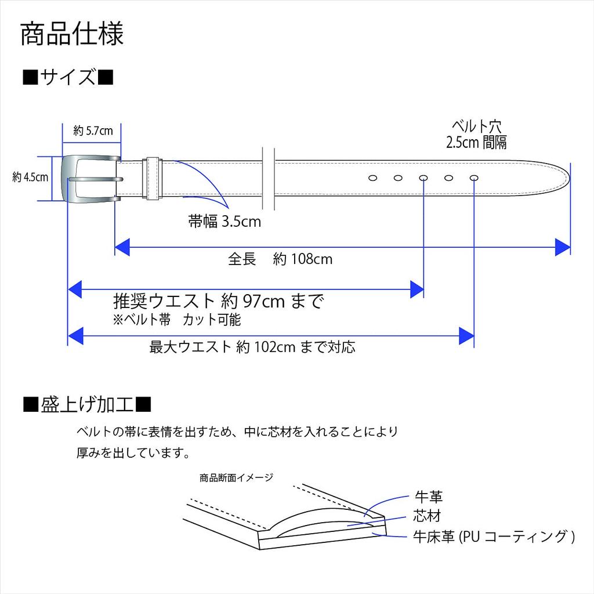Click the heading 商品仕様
(72, 34)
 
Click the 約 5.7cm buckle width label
(93, 131)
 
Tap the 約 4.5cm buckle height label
(30, 178)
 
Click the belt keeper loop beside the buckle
(153, 178)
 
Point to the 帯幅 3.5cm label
(224, 221)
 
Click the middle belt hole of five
(423, 178)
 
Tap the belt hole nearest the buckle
(373, 178)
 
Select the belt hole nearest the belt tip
(474, 178)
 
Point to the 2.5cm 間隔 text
(476, 143)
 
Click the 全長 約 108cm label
(280, 259)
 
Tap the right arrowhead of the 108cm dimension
(562, 247)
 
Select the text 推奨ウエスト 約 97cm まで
(218, 301)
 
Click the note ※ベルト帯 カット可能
(177, 320)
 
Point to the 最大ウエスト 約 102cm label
(252, 347)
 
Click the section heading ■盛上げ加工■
(87, 403)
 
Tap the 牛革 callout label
(429, 497)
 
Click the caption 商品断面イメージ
(236, 478)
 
